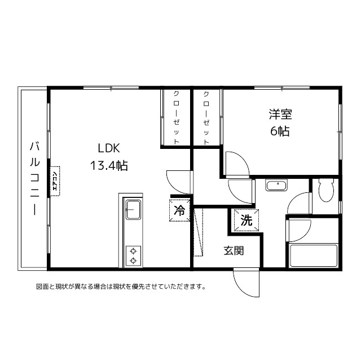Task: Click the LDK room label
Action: point(109,148)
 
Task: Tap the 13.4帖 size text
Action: point(109,165)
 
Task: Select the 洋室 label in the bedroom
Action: point(280,114)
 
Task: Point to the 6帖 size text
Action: point(280,131)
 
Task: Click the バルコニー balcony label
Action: point(35,179)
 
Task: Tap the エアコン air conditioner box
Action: point(55,181)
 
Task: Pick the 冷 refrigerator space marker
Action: point(179,210)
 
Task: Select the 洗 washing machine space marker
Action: point(246,220)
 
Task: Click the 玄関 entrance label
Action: point(234,250)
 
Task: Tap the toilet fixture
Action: point(326,190)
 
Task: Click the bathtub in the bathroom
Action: point(314,256)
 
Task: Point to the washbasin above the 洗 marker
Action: point(276,185)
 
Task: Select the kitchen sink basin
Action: point(133,209)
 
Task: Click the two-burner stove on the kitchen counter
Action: point(133,256)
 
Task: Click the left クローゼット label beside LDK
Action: point(176,117)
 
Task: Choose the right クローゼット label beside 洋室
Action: point(206,118)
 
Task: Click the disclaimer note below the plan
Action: point(121,287)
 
